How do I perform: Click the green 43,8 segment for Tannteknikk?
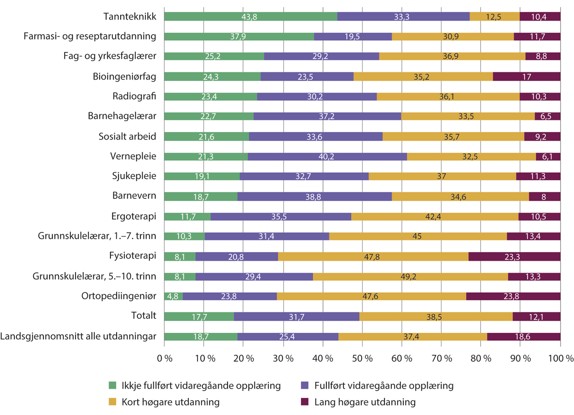click(x=251, y=16)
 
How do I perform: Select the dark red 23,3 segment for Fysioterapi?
click(x=514, y=256)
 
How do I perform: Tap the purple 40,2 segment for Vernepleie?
click(x=327, y=156)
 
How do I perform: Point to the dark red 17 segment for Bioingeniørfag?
click(x=526, y=76)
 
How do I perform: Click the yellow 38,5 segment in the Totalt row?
click(x=436, y=316)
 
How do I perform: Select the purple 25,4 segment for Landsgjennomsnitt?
click(x=288, y=336)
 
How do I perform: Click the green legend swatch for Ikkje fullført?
click(x=112, y=385)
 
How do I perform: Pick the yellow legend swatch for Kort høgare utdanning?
click(x=112, y=402)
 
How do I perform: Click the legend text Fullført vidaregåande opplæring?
click(x=382, y=385)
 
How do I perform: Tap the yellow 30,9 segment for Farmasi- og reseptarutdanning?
click(x=453, y=36)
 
